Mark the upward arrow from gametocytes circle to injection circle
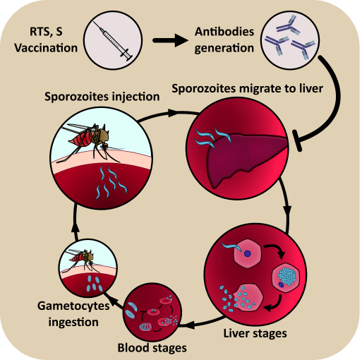[x=72, y=227]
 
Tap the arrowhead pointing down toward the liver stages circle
[x=287, y=211]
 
